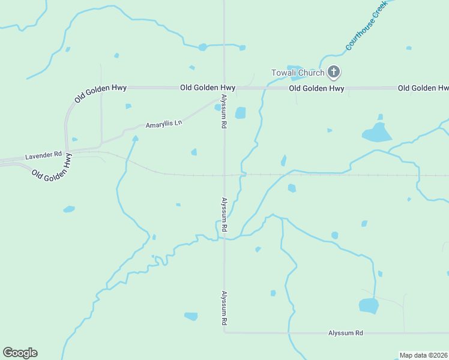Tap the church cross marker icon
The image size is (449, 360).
pyautogui.click(x=334, y=73)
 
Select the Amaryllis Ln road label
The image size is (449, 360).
pyautogui.click(x=163, y=124)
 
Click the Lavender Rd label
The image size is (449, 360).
pyautogui.click(x=43, y=155)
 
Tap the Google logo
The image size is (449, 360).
pyautogui.click(x=20, y=353)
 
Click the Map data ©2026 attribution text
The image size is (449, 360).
pyautogui.click(x=423, y=355)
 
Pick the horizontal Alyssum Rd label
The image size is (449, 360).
pyautogui.click(x=346, y=332)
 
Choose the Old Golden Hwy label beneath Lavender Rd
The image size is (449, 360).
pyautogui.click(x=52, y=168)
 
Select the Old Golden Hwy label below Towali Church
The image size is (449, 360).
pyautogui.click(x=316, y=88)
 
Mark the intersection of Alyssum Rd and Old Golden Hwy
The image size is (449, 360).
pyautogui.click(x=224, y=88)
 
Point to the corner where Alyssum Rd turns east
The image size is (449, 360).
pyautogui.click(x=224, y=331)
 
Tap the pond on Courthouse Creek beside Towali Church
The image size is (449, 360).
pyautogui.click(x=295, y=70)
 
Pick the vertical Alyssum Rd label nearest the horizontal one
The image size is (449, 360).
pyautogui.click(x=224, y=308)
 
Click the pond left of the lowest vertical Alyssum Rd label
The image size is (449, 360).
pyautogui.click(x=191, y=316)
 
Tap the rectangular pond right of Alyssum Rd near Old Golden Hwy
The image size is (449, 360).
pyautogui.click(x=241, y=113)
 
